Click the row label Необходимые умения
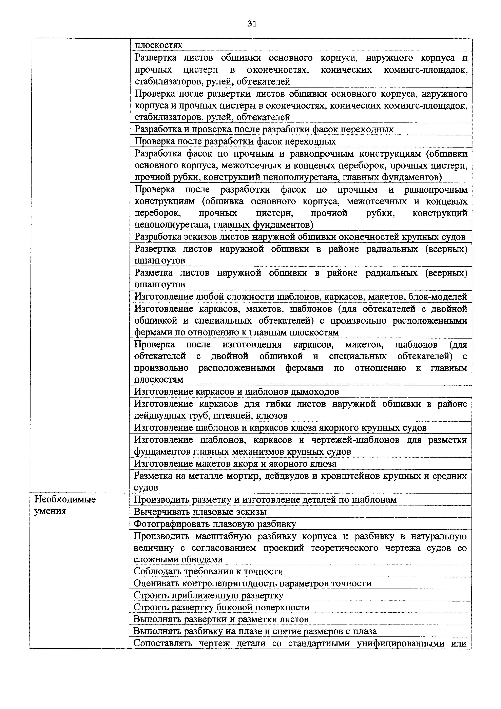65,505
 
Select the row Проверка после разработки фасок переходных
235,141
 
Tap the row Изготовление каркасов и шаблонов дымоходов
236,391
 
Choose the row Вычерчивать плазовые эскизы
200,512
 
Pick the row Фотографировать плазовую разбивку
215,524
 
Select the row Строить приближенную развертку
208,595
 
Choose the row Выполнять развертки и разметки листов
221,619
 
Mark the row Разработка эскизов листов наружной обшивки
300,237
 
